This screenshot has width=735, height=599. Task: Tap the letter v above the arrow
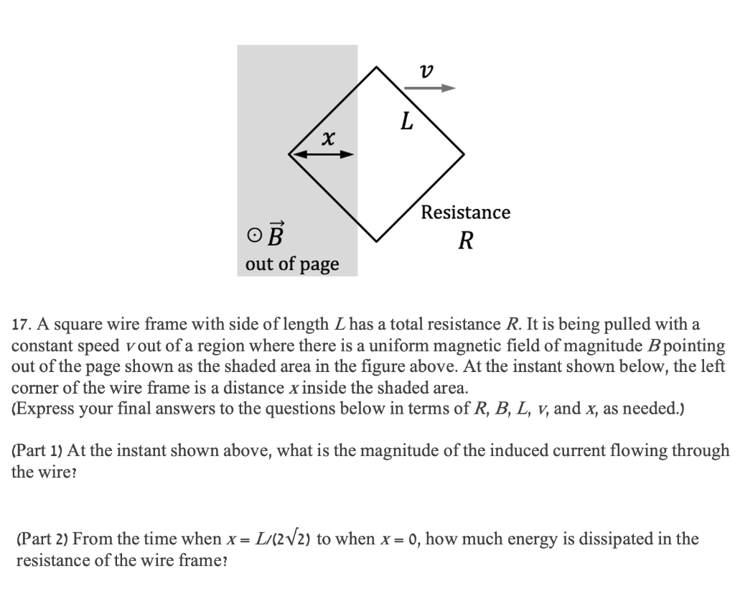pyautogui.click(x=427, y=70)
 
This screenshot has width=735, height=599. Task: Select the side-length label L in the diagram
pyautogui.click(x=406, y=121)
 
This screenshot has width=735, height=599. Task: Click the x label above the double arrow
pyautogui.click(x=327, y=136)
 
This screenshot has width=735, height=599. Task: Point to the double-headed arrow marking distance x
pyautogui.click(x=322, y=154)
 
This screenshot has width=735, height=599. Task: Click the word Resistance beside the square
pyautogui.click(x=466, y=213)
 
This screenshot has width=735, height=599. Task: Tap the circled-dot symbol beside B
pyautogui.click(x=251, y=236)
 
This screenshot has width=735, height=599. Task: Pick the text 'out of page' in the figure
pyautogui.click(x=292, y=264)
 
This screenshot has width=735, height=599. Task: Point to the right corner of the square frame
pyautogui.click(x=464, y=154)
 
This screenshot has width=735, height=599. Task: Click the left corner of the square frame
pyautogui.click(x=289, y=154)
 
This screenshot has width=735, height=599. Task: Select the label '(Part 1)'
pyautogui.click(x=37, y=451)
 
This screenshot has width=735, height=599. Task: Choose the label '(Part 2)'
pyautogui.click(x=42, y=539)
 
